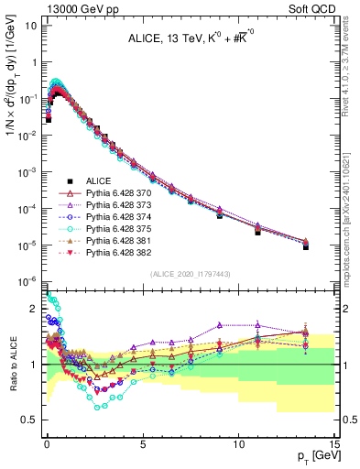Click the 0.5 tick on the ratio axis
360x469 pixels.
pyautogui.click(x=28, y=420)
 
